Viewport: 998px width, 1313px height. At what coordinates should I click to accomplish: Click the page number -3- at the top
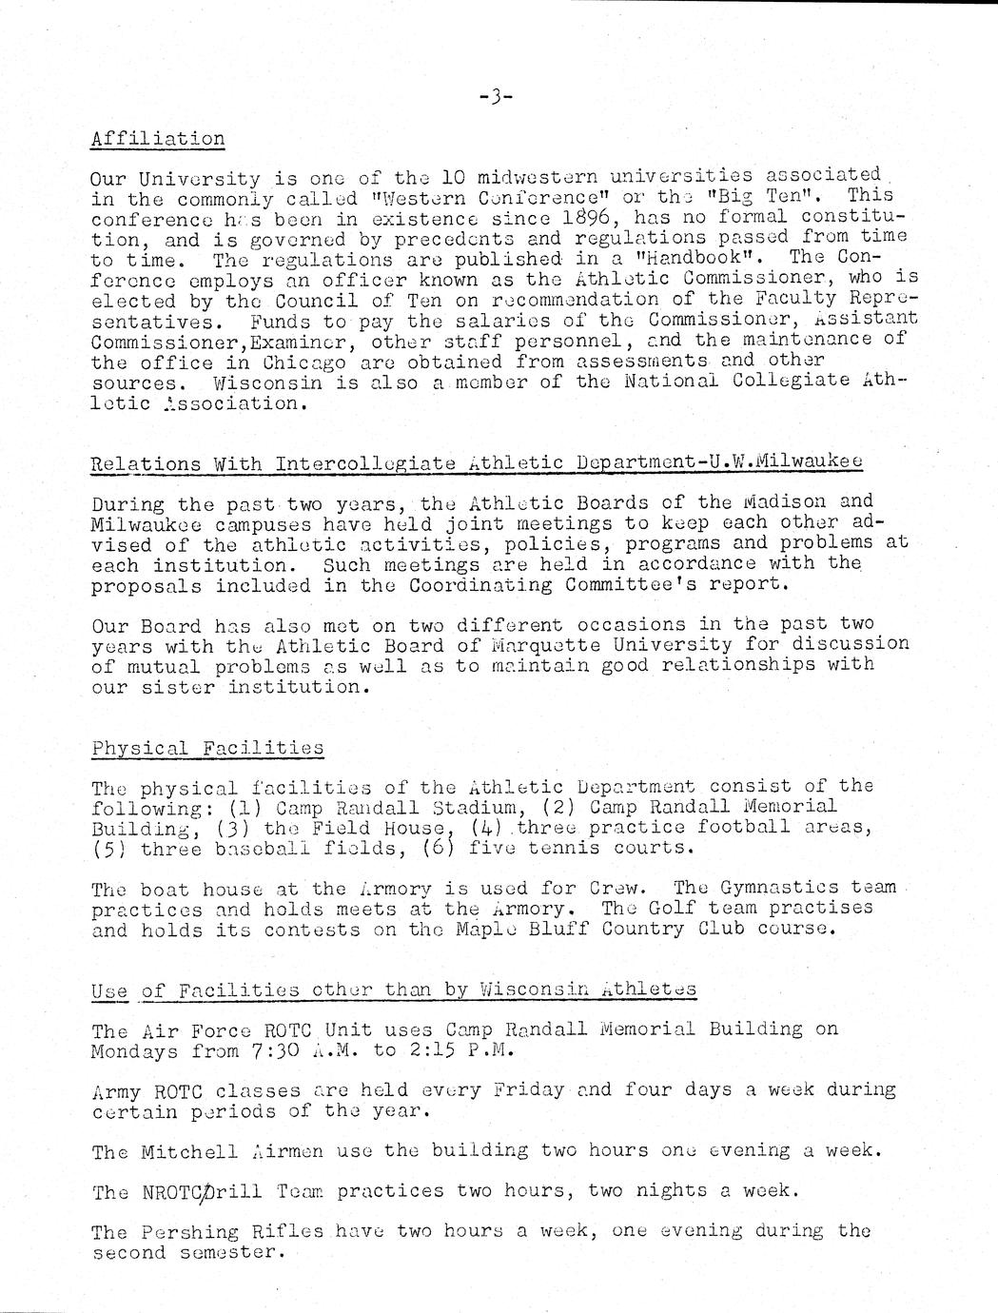[496, 96]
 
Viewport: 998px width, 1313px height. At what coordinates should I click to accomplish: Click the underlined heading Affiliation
[158, 139]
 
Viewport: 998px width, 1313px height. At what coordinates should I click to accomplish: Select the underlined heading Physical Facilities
[207, 748]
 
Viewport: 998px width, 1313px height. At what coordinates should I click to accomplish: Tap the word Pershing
[188, 1232]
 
